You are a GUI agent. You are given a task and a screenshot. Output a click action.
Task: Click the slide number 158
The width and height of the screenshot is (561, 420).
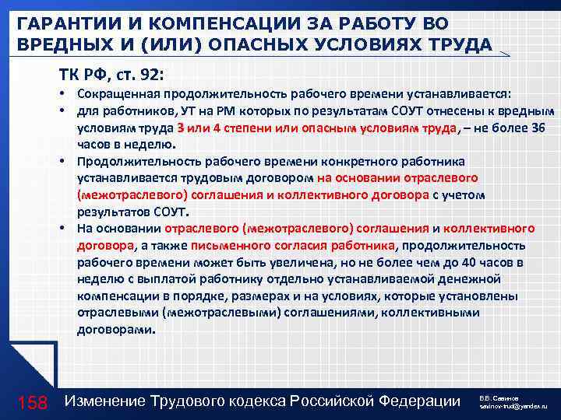point(33,401)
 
